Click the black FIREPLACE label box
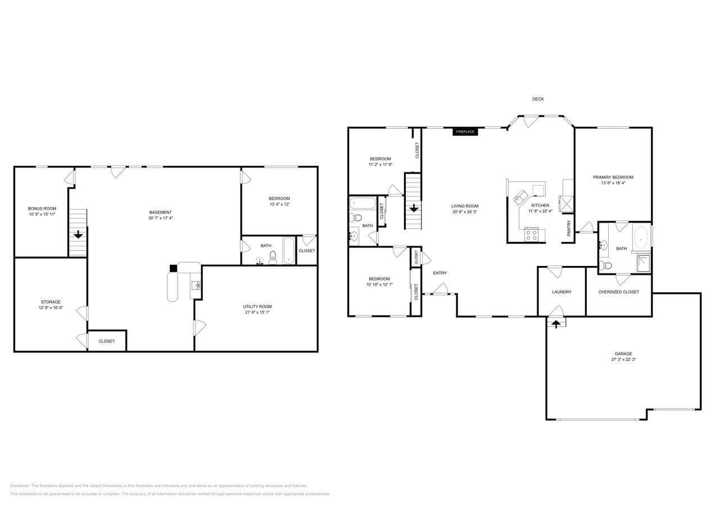(x=465, y=132)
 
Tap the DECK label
(x=538, y=99)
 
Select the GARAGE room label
(x=623, y=354)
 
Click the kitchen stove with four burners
(x=531, y=235)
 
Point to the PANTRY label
(x=569, y=228)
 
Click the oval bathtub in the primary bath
(x=641, y=238)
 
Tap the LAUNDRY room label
(x=562, y=292)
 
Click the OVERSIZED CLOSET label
(x=618, y=292)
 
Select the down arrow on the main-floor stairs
(x=414, y=207)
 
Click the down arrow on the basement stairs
(x=78, y=234)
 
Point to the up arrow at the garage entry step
(x=556, y=323)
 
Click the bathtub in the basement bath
(x=288, y=251)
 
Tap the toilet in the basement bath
(x=273, y=257)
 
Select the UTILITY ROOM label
(x=257, y=306)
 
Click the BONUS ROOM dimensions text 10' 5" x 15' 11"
(x=42, y=214)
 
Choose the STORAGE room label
(x=51, y=302)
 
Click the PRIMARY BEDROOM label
(x=613, y=177)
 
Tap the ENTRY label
(x=440, y=273)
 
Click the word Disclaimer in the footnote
(x=20, y=485)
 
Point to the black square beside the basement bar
(x=173, y=269)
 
